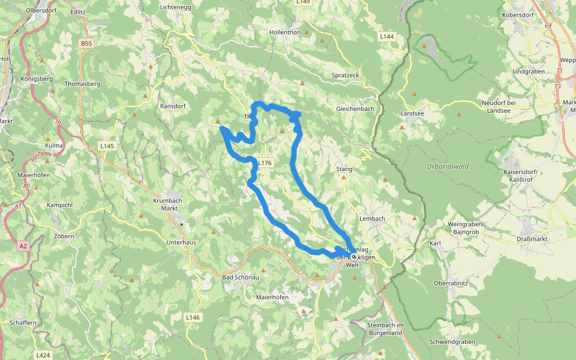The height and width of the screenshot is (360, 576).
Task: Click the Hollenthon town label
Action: [285, 32]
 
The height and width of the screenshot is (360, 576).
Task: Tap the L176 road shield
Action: [265, 163]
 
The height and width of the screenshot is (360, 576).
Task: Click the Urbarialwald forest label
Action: [447, 166]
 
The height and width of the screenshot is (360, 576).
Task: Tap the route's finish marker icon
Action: [354, 257]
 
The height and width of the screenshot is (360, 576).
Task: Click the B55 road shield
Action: [87, 44]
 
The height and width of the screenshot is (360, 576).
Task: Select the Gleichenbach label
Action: [355, 109]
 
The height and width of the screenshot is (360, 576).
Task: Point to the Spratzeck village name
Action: [345, 75]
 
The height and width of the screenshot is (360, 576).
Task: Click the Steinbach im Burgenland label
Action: [388, 328]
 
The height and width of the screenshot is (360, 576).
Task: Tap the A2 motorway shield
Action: [23, 246]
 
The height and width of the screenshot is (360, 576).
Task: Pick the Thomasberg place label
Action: [82, 84]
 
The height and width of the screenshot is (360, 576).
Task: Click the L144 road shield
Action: [386, 37]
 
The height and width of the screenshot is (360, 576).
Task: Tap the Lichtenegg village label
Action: [176, 7]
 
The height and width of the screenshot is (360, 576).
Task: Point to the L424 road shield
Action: [43, 355]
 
